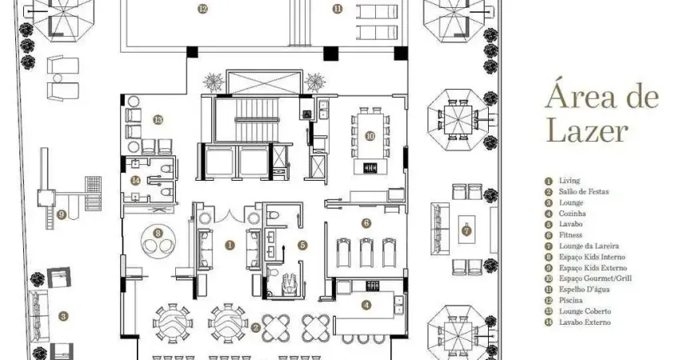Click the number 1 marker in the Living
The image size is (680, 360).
pos(230,245)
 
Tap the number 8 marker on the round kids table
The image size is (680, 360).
pos(158,234)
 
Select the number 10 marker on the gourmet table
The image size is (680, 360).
pos(370,136)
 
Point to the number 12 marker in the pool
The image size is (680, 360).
pos(202,8)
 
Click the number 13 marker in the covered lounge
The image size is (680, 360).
pos(158,119)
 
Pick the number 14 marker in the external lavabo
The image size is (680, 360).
pos(136,180)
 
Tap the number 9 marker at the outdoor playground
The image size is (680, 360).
pos(62,214)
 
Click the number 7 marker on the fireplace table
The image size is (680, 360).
pos(466,230)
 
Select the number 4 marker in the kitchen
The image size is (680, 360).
pos(366,305)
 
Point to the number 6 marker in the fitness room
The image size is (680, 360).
pos(366,223)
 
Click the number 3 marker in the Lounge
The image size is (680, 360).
pos(63,316)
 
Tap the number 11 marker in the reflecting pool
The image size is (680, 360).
pos(338,8)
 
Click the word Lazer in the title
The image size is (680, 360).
pos(587,131)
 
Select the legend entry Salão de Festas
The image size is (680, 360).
pos(584,192)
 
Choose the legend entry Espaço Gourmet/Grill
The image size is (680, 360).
pos(595,278)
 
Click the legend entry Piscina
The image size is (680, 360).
pos(570,300)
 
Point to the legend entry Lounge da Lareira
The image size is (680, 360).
pos(589,246)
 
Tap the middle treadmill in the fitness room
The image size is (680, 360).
pos(366,253)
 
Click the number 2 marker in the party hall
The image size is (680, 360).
pos(256,328)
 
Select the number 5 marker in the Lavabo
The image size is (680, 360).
pos(302,245)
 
